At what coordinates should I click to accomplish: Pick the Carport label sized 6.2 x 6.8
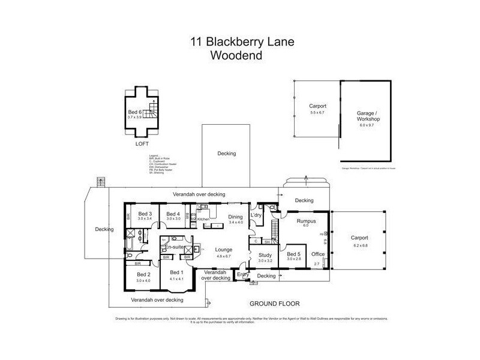(359, 238)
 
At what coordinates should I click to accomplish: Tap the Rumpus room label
(306, 221)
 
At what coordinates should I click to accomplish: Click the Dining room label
(236, 218)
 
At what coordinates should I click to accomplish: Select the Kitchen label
(203, 220)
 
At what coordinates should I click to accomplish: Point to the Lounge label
(224, 250)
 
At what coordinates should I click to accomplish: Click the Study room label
(265, 255)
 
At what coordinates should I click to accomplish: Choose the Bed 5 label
(293, 255)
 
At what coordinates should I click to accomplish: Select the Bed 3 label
(144, 214)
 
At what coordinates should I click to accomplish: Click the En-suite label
(175, 247)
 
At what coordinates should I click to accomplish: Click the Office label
(318, 254)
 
